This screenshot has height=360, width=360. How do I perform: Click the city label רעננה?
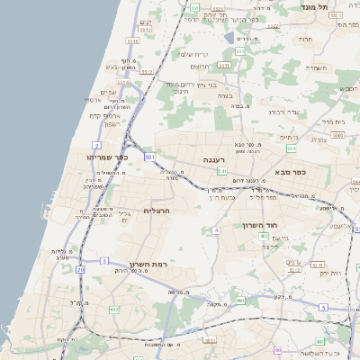(x=212, y=159)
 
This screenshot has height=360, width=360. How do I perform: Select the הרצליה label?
(x=157, y=211)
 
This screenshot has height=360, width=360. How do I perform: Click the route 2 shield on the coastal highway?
(x=96, y=144)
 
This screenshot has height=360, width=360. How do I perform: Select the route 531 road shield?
(x=150, y=157)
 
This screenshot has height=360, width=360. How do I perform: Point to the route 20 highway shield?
(x=80, y=268)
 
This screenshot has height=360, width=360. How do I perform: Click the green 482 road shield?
(x=113, y=309)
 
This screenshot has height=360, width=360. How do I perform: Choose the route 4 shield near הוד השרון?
(x=216, y=230)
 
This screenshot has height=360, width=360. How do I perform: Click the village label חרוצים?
(x=201, y=66)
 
